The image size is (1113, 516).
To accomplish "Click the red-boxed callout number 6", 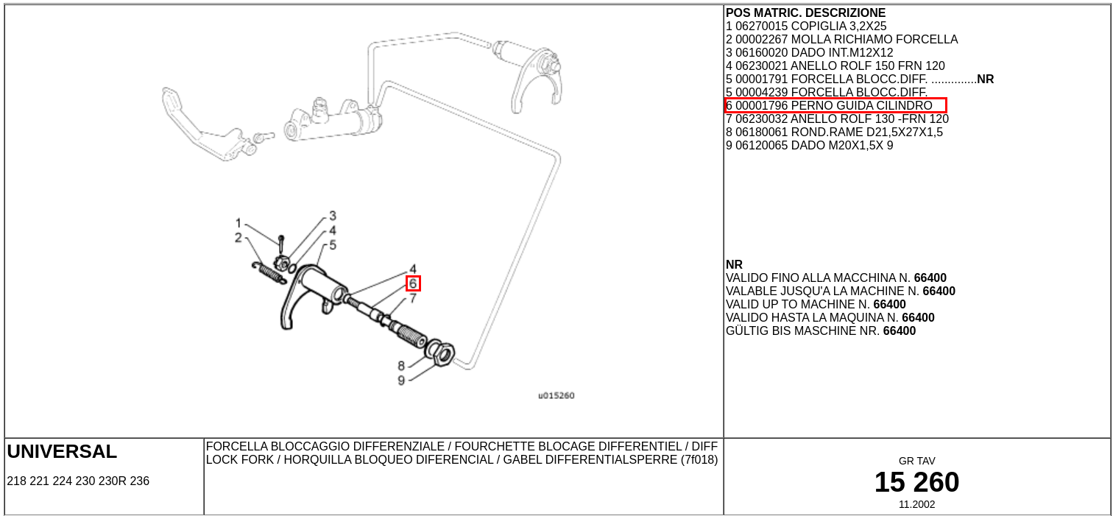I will pos(413,283).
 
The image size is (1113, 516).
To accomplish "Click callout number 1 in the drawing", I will pos(239,223).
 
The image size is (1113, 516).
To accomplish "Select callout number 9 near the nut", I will pos(401,381).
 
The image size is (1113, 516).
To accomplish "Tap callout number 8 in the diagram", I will pos(401,366).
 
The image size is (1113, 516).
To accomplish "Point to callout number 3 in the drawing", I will pos(333,216).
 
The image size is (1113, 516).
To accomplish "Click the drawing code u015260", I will pos(556,395).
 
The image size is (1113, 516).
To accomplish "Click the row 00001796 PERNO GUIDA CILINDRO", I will pos(835,106).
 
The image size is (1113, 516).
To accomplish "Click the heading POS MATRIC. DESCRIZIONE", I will pos(805,13).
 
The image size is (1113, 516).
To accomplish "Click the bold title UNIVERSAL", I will pos(62,452).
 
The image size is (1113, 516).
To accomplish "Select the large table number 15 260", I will pos(916,482).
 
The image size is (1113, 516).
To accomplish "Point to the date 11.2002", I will pos(916,504).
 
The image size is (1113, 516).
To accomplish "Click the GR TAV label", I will pos(916,461).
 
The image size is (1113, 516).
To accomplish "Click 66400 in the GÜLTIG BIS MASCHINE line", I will pos(900,331).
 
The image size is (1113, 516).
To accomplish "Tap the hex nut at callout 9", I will pos(444,354).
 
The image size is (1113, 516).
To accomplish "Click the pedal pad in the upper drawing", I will pos(172,100).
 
